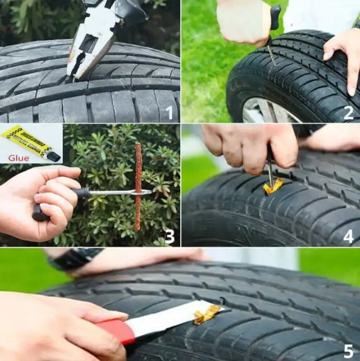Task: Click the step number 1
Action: pos(167,113)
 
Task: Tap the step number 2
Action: pos(347,113)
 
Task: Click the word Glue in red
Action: pos(19,158)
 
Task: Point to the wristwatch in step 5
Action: pos(75,258)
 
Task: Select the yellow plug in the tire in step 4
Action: pos(273,187)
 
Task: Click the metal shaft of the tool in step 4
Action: pos(270,170)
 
